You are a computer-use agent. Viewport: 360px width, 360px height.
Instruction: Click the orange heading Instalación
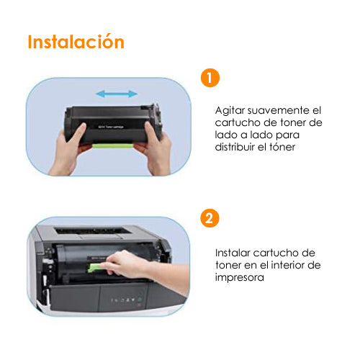(76, 42)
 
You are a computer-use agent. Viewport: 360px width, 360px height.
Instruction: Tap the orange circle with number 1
(210, 78)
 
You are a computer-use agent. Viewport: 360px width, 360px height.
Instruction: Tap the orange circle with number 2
(210, 218)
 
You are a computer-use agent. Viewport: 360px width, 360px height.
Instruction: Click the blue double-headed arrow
(117, 94)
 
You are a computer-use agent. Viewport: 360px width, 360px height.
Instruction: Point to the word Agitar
(230, 111)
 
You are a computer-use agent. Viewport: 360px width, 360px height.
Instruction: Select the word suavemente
(279, 110)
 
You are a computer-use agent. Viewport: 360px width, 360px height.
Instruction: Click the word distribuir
(235, 147)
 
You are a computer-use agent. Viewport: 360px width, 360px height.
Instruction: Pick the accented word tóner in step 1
(282, 147)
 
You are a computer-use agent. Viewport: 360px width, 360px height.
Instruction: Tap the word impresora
(240, 278)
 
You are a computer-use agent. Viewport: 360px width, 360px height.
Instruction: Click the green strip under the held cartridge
(113, 145)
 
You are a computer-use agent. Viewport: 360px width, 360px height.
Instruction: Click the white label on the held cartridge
(111, 127)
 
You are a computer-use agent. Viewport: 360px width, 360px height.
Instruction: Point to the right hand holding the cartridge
(156, 148)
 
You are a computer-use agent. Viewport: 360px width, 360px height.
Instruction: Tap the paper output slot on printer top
(93, 231)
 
